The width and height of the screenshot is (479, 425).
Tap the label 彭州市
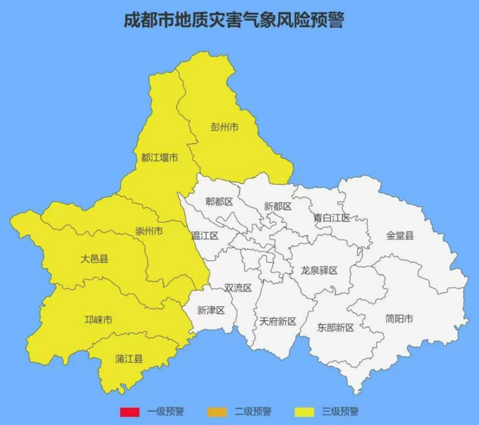click(224, 126)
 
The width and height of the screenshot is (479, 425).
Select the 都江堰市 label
click(159, 158)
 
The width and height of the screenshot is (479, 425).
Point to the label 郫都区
click(219, 202)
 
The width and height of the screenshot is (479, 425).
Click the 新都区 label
click(278, 206)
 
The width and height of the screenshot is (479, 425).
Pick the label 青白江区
click(331, 218)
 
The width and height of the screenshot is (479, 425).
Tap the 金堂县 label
click(400, 235)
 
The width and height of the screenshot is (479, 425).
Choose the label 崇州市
click(149, 231)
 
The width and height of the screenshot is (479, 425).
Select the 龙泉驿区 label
click(319, 270)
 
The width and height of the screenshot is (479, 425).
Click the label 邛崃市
click(98, 320)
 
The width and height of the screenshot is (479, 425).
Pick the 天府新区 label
click(278, 322)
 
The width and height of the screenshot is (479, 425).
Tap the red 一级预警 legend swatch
click(129, 411)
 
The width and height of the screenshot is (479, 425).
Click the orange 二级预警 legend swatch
click(217, 411)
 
